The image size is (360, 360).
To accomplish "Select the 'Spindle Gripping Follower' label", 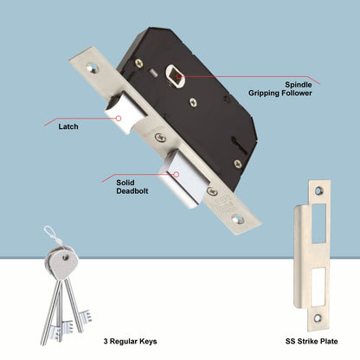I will [x=293, y=88].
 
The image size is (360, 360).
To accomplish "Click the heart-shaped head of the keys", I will [x=62, y=257].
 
